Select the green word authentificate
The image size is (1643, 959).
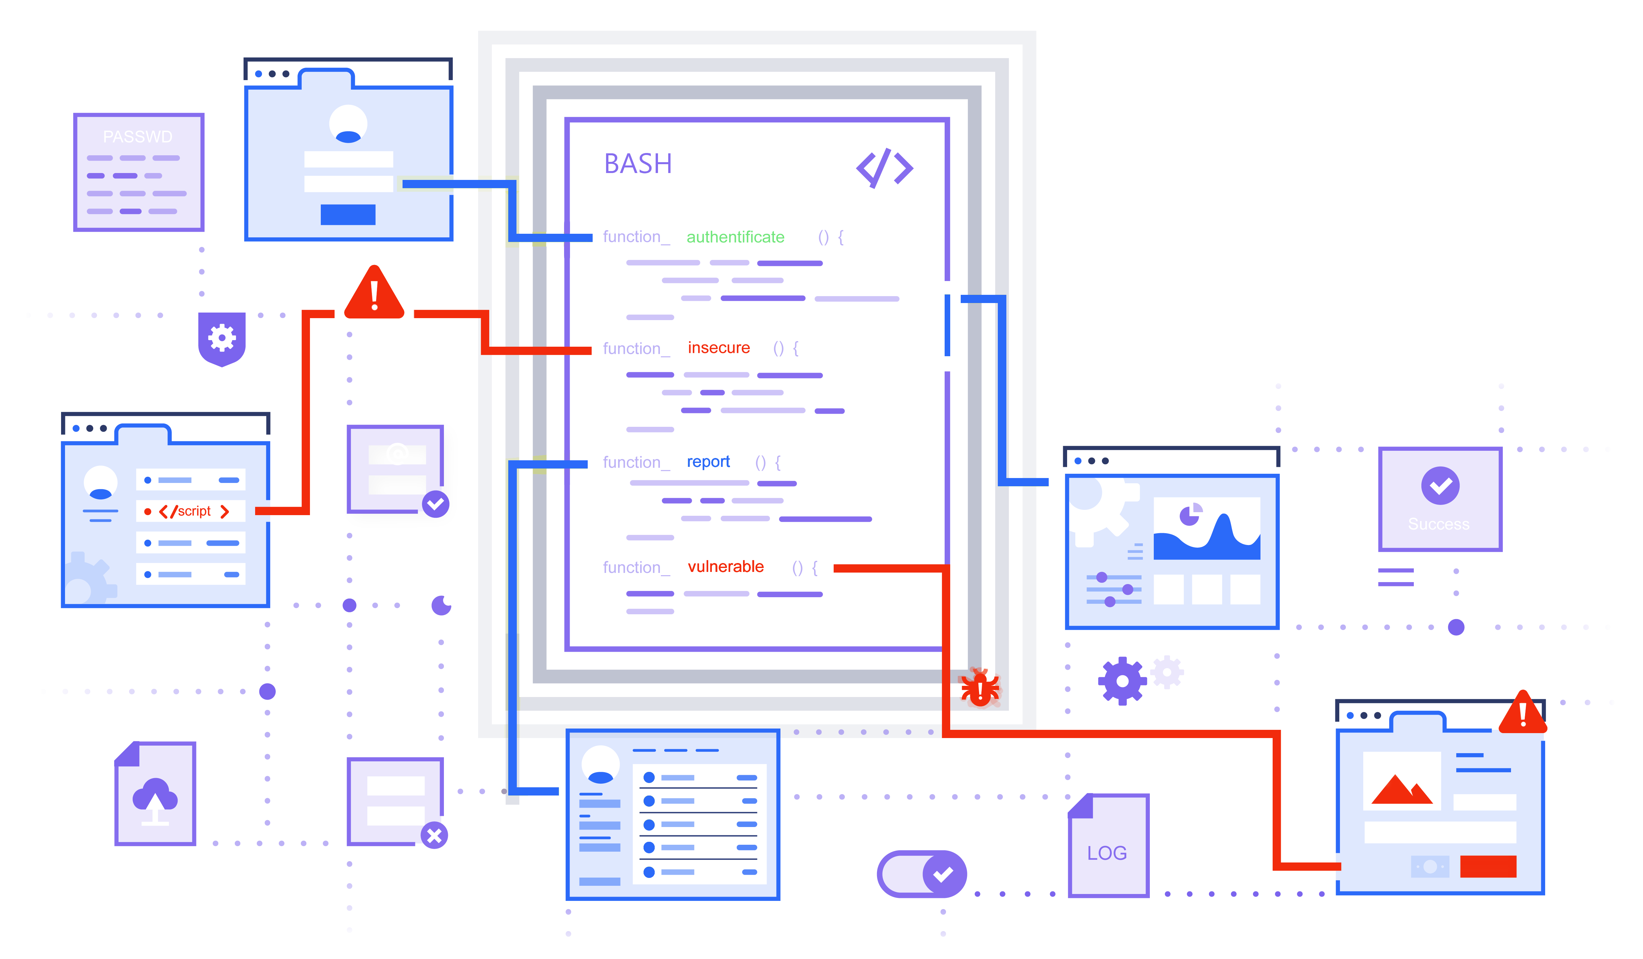[x=735, y=237]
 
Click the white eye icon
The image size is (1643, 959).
[x=441, y=606]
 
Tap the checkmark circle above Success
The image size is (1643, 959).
[x=1440, y=486]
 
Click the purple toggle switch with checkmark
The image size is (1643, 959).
[x=921, y=874]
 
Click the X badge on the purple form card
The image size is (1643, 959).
[x=434, y=836]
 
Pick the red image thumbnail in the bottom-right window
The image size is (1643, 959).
[x=1402, y=788]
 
